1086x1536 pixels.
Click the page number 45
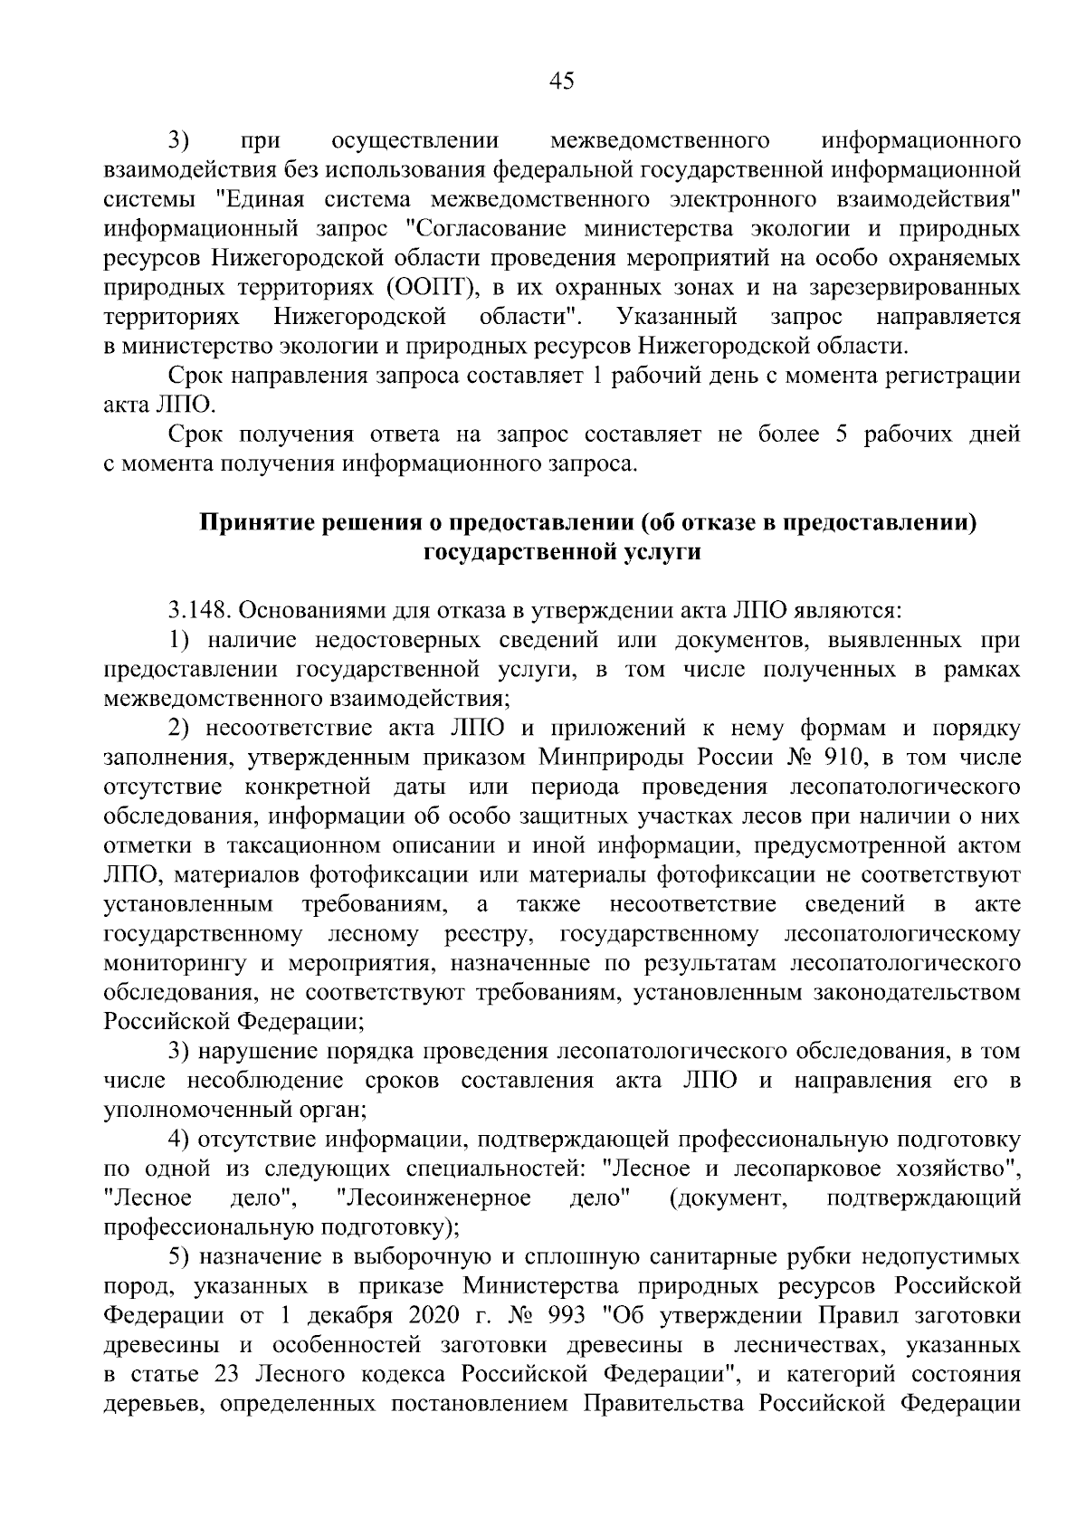(x=561, y=82)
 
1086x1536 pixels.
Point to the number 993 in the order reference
(x=567, y=1315)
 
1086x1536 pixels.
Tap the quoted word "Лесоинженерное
(x=433, y=1197)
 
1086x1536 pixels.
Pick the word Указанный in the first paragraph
(x=676, y=317)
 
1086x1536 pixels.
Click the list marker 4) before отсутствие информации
(x=178, y=1140)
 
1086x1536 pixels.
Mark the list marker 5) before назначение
(x=178, y=1256)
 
